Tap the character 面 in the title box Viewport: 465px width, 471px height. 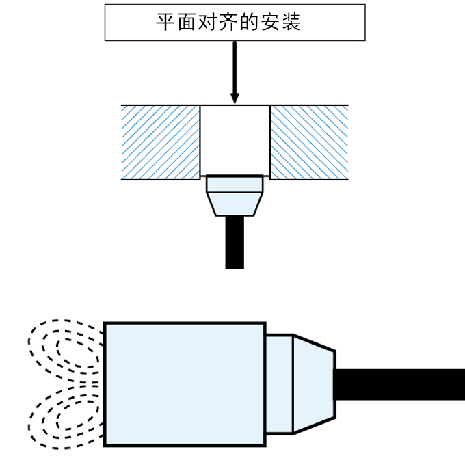187,22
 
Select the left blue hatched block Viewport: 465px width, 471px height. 161,142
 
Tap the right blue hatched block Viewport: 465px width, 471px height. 310,142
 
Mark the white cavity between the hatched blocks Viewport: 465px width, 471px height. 235,139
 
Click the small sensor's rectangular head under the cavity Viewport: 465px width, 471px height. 235,185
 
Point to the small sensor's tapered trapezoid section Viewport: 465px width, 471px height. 235,204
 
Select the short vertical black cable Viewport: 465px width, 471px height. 235,242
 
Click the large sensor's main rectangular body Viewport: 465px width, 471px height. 185,384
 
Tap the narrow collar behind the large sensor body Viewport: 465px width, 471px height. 279,384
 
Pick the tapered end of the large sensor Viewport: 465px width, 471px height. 314,384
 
